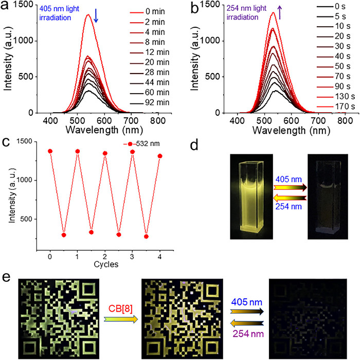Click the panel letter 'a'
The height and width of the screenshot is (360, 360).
[7, 7]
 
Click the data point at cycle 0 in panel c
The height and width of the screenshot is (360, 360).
[50, 151]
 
